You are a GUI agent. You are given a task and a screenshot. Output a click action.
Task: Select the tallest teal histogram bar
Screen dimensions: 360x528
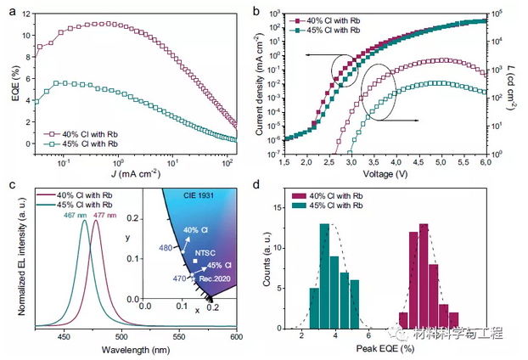pyautogui.click(x=324, y=276)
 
